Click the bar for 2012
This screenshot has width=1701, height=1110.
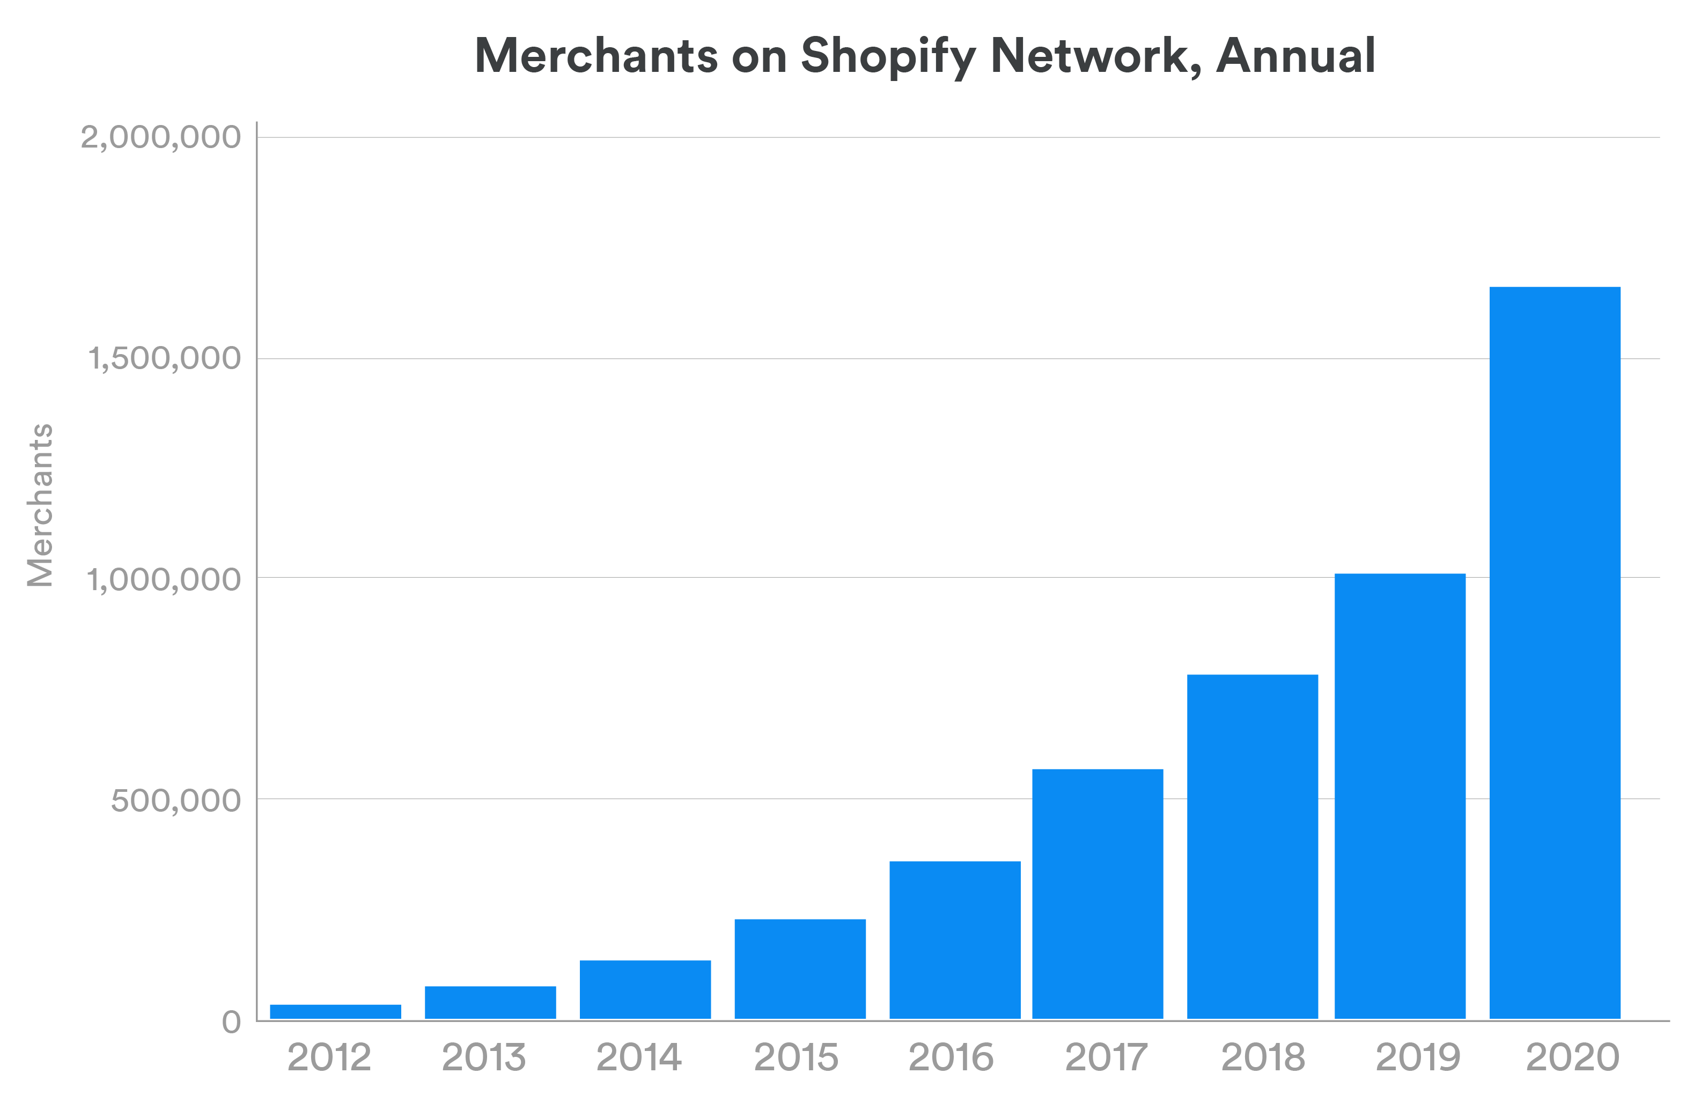pos(335,1011)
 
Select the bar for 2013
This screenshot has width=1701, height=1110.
pos(490,1002)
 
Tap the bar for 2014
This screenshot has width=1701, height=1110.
pos(645,989)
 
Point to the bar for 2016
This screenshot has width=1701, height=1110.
pos(955,940)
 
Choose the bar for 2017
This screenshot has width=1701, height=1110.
pos(1098,893)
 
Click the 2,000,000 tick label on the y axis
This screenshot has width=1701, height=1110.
pos(161,137)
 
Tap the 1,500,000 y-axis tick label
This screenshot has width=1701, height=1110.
pos(164,359)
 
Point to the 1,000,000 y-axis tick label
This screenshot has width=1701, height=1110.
pos(164,579)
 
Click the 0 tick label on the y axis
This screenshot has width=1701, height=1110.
pos(231,1022)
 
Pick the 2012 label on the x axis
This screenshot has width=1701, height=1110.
pos(329,1057)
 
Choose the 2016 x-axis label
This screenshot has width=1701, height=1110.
pos(951,1057)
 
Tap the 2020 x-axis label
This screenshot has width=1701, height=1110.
pos(1572,1057)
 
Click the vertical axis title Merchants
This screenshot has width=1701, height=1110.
pos(40,505)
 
